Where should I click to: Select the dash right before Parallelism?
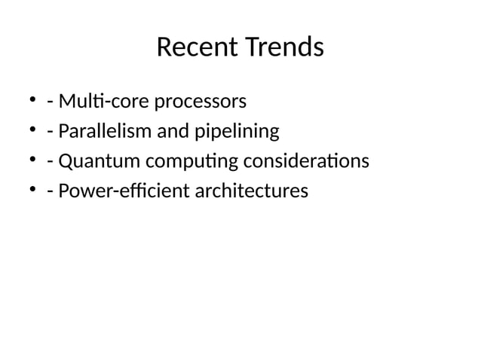(49, 133)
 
